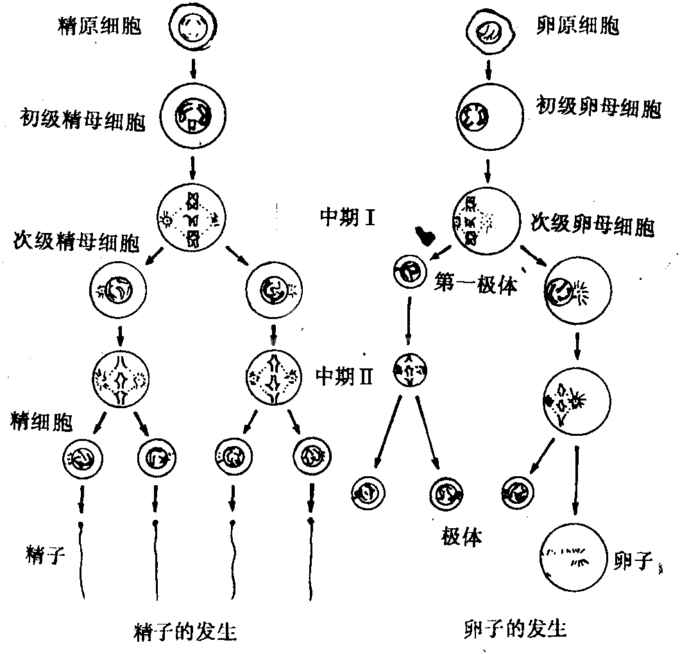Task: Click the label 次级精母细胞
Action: click(x=76, y=244)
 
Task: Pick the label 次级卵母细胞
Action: click(x=592, y=225)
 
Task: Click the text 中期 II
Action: click(x=347, y=375)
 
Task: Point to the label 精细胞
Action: click(x=41, y=422)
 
